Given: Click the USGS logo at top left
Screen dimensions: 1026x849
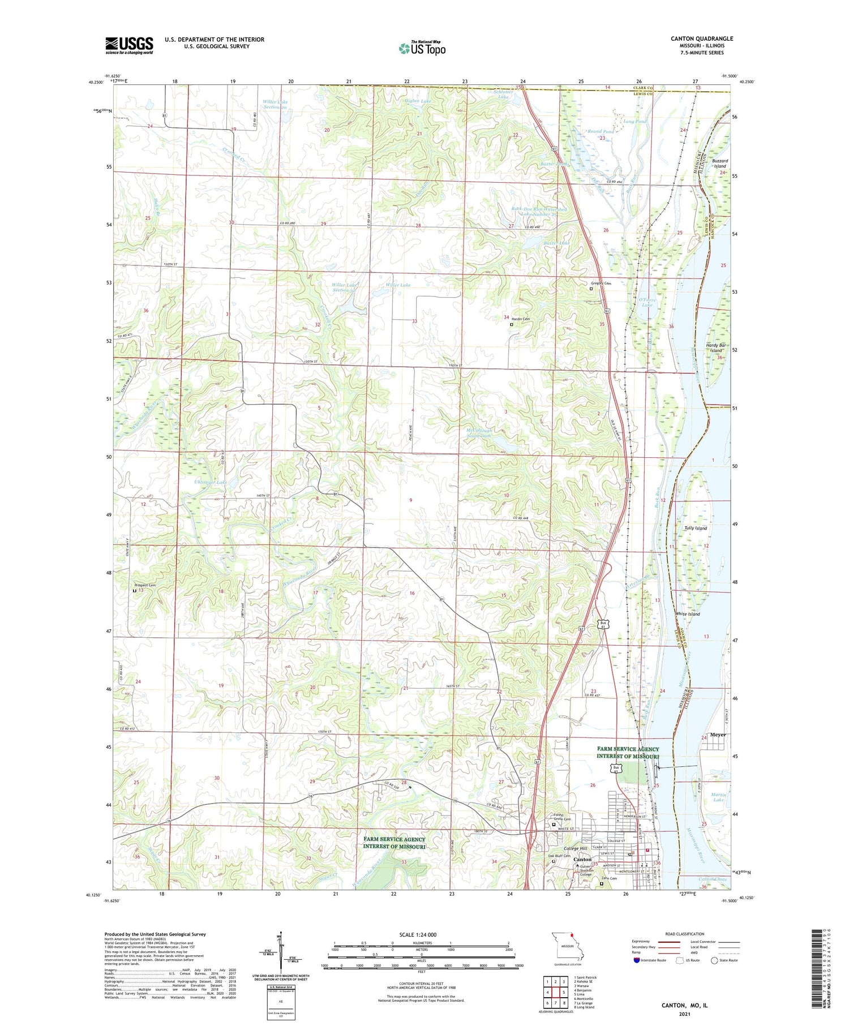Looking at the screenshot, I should tap(129, 45).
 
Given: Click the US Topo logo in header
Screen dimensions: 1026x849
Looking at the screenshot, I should tap(422, 48).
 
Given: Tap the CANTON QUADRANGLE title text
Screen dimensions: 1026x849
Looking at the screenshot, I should tap(701, 38).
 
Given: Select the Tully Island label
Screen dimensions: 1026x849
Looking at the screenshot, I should tap(695, 528).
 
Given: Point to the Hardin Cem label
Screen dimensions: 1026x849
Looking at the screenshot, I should tap(521, 319).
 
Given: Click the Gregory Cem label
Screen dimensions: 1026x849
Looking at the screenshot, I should tap(601, 283).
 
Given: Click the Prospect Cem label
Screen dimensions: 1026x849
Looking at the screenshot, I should tap(144, 586).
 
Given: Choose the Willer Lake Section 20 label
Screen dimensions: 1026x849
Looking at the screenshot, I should tap(275, 105).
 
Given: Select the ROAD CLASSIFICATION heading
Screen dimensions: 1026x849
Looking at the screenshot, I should tap(684, 934).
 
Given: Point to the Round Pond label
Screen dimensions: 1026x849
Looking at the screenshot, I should tap(601, 131).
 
